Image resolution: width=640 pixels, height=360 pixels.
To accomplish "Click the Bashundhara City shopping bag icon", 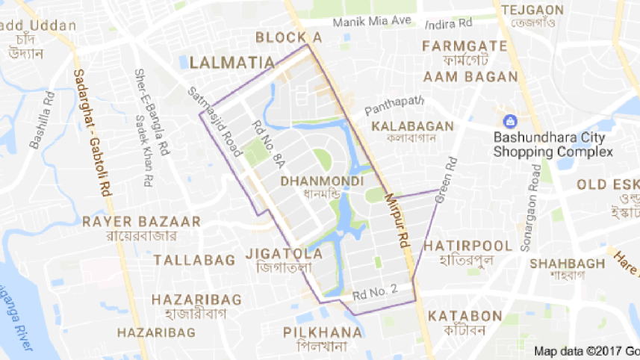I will click(x=510, y=121).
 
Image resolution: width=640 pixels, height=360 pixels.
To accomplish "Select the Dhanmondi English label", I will click(x=323, y=181).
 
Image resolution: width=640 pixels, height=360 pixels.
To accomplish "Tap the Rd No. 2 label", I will click(x=375, y=291).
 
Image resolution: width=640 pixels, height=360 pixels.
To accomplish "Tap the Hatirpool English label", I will click(x=467, y=246).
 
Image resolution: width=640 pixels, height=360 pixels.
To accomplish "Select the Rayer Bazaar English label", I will click(x=141, y=222).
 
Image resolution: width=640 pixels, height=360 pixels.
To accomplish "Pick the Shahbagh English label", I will click(x=567, y=263).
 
